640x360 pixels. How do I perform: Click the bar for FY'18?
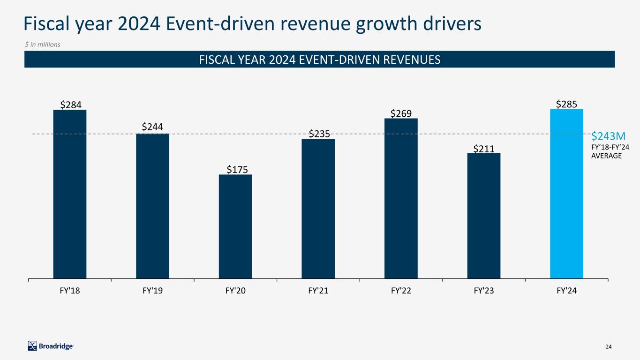click(x=70, y=194)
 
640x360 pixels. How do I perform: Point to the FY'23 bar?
click(x=483, y=216)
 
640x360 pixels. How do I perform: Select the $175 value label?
click(x=235, y=169)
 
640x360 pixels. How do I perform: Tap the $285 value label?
click(x=566, y=104)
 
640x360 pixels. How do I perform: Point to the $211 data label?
click(x=483, y=149)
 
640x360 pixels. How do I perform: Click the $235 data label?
click(x=318, y=134)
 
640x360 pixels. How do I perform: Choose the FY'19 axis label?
click(x=152, y=291)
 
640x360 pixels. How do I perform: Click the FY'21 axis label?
click(x=318, y=291)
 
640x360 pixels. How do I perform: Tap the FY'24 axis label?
click(x=566, y=291)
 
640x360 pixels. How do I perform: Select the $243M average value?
click(x=608, y=136)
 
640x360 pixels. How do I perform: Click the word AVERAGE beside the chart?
click(x=606, y=156)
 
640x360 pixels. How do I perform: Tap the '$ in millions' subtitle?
click(x=43, y=44)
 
